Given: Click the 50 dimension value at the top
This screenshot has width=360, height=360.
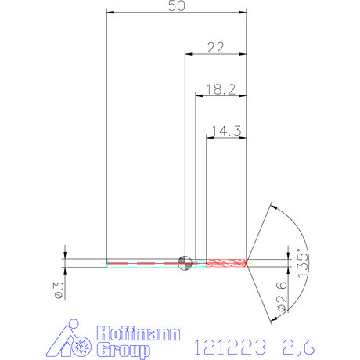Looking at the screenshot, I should coord(176,6).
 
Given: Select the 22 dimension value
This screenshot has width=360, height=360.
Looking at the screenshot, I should coord(215,47).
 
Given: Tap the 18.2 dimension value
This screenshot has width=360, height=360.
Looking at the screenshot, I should coord(221,89).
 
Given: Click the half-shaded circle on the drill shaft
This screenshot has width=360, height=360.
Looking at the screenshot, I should coord(185,262).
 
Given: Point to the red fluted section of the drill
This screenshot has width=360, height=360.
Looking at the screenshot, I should coord(227,262).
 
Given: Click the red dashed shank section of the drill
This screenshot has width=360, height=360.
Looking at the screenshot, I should coord(141,262).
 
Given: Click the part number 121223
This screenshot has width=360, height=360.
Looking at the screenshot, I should coord(226,344).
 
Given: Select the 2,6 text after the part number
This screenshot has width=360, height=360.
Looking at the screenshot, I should coord(298,344).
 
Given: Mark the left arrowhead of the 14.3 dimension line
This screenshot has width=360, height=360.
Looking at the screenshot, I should coord(207,137).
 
